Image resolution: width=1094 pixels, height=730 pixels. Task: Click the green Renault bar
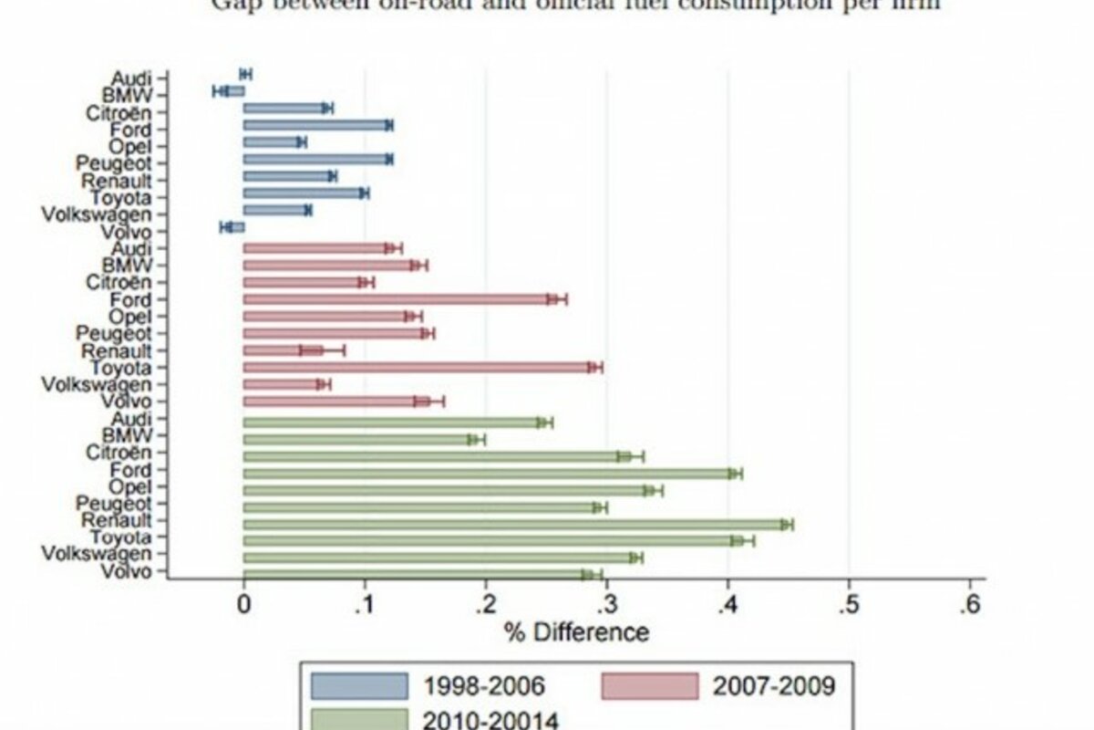click(x=511, y=524)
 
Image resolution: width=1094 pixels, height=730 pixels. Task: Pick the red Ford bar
click(x=397, y=298)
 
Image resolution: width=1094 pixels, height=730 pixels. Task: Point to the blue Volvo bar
click(x=235, y=227)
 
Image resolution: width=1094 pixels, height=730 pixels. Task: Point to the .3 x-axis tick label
click(x=606, y=604)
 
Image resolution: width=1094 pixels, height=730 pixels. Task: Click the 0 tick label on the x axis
click(x=243, y=604)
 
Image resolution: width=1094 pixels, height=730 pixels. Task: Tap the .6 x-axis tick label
click(x=970, y=604)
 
